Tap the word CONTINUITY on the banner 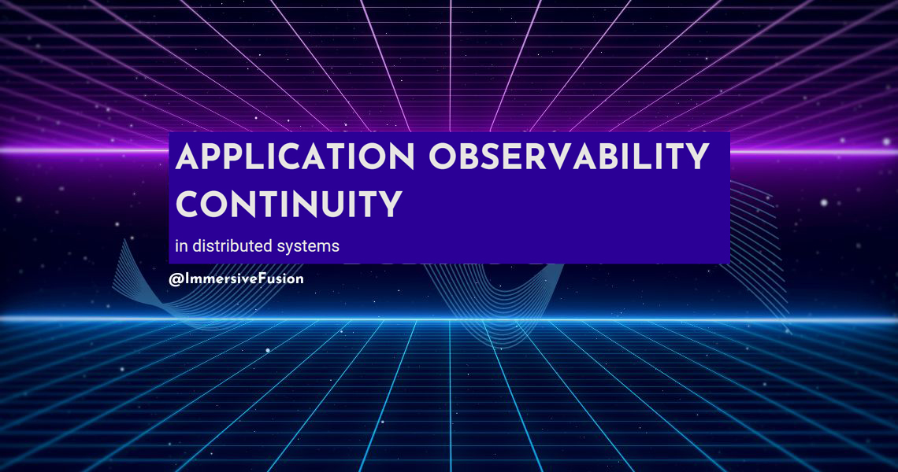pos(288,205)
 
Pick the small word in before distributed pos(181,246)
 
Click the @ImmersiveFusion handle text pos(236,278)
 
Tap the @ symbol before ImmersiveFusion pos(175,278)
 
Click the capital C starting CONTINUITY pos(190,205)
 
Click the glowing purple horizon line pos(79,149)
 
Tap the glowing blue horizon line pos(79,319)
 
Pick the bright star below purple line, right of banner pos(824,202)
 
